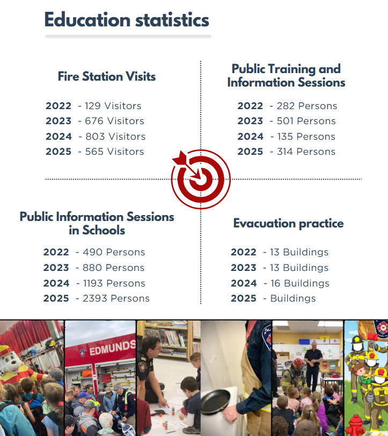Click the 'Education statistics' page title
(127, 20)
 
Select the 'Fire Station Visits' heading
(107, 76)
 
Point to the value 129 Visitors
(113, 106)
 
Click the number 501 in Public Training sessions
(285, 121)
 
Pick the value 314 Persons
(306, 152)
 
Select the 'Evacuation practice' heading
(288, 223)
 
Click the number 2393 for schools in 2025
(95, 298)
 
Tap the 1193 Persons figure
(114, 283)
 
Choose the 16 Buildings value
(300, 283)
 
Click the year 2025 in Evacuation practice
(244, 298)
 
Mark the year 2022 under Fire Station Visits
(58, 106)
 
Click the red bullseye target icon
(200, 179)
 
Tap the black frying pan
(216, 401)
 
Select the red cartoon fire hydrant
(355, 425)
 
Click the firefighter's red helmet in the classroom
(298, 362)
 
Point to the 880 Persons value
(114, 268)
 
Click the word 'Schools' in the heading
(104, 230)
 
